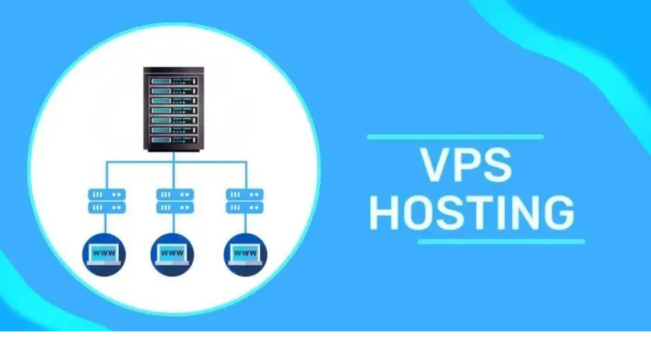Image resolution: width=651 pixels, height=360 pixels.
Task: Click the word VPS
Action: [466, 166]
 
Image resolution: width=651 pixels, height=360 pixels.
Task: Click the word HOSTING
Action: [472, 213]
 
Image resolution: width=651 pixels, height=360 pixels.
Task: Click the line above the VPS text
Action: [455, 137]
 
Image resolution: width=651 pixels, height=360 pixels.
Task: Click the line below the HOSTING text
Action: [501, 242]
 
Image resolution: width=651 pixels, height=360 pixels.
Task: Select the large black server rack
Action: [174, 109]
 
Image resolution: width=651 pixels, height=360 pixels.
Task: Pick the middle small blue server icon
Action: [175, 201]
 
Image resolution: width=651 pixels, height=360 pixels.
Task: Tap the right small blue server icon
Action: [244, 201]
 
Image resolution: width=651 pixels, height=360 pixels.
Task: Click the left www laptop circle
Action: [104, 255]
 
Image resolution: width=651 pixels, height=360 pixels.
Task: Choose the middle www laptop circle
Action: [172, 255]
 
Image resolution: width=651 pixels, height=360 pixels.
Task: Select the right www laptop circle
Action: [245, 255]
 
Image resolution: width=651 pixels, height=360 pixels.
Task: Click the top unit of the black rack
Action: [174, 81]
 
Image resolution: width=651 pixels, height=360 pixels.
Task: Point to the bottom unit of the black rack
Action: [174, 139]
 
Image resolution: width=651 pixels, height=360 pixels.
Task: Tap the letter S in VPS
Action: [496, 166]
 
